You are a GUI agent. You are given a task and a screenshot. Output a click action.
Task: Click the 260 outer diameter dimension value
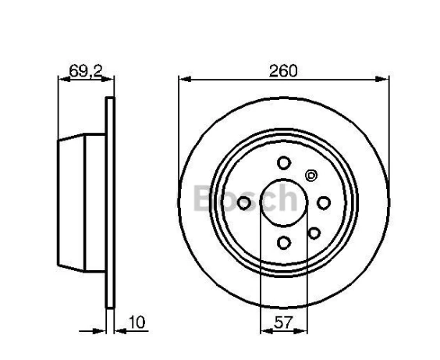[284, 70]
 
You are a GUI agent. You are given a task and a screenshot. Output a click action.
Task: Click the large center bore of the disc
[282, 202]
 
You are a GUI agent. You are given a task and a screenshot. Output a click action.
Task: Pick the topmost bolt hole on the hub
[283, 163]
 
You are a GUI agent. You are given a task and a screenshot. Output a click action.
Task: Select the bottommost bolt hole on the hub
[283, 243]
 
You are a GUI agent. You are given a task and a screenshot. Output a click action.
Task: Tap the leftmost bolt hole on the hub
[244, 203]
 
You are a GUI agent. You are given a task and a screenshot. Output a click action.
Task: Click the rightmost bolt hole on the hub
[323, 203]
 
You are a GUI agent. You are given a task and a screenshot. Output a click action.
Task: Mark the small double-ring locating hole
[311, 175]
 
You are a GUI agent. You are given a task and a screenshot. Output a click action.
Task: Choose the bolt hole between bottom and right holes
[314, 232]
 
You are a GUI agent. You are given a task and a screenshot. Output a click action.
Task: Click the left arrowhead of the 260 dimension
[183, 78]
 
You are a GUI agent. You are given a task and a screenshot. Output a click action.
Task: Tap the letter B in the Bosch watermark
[204, 200]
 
